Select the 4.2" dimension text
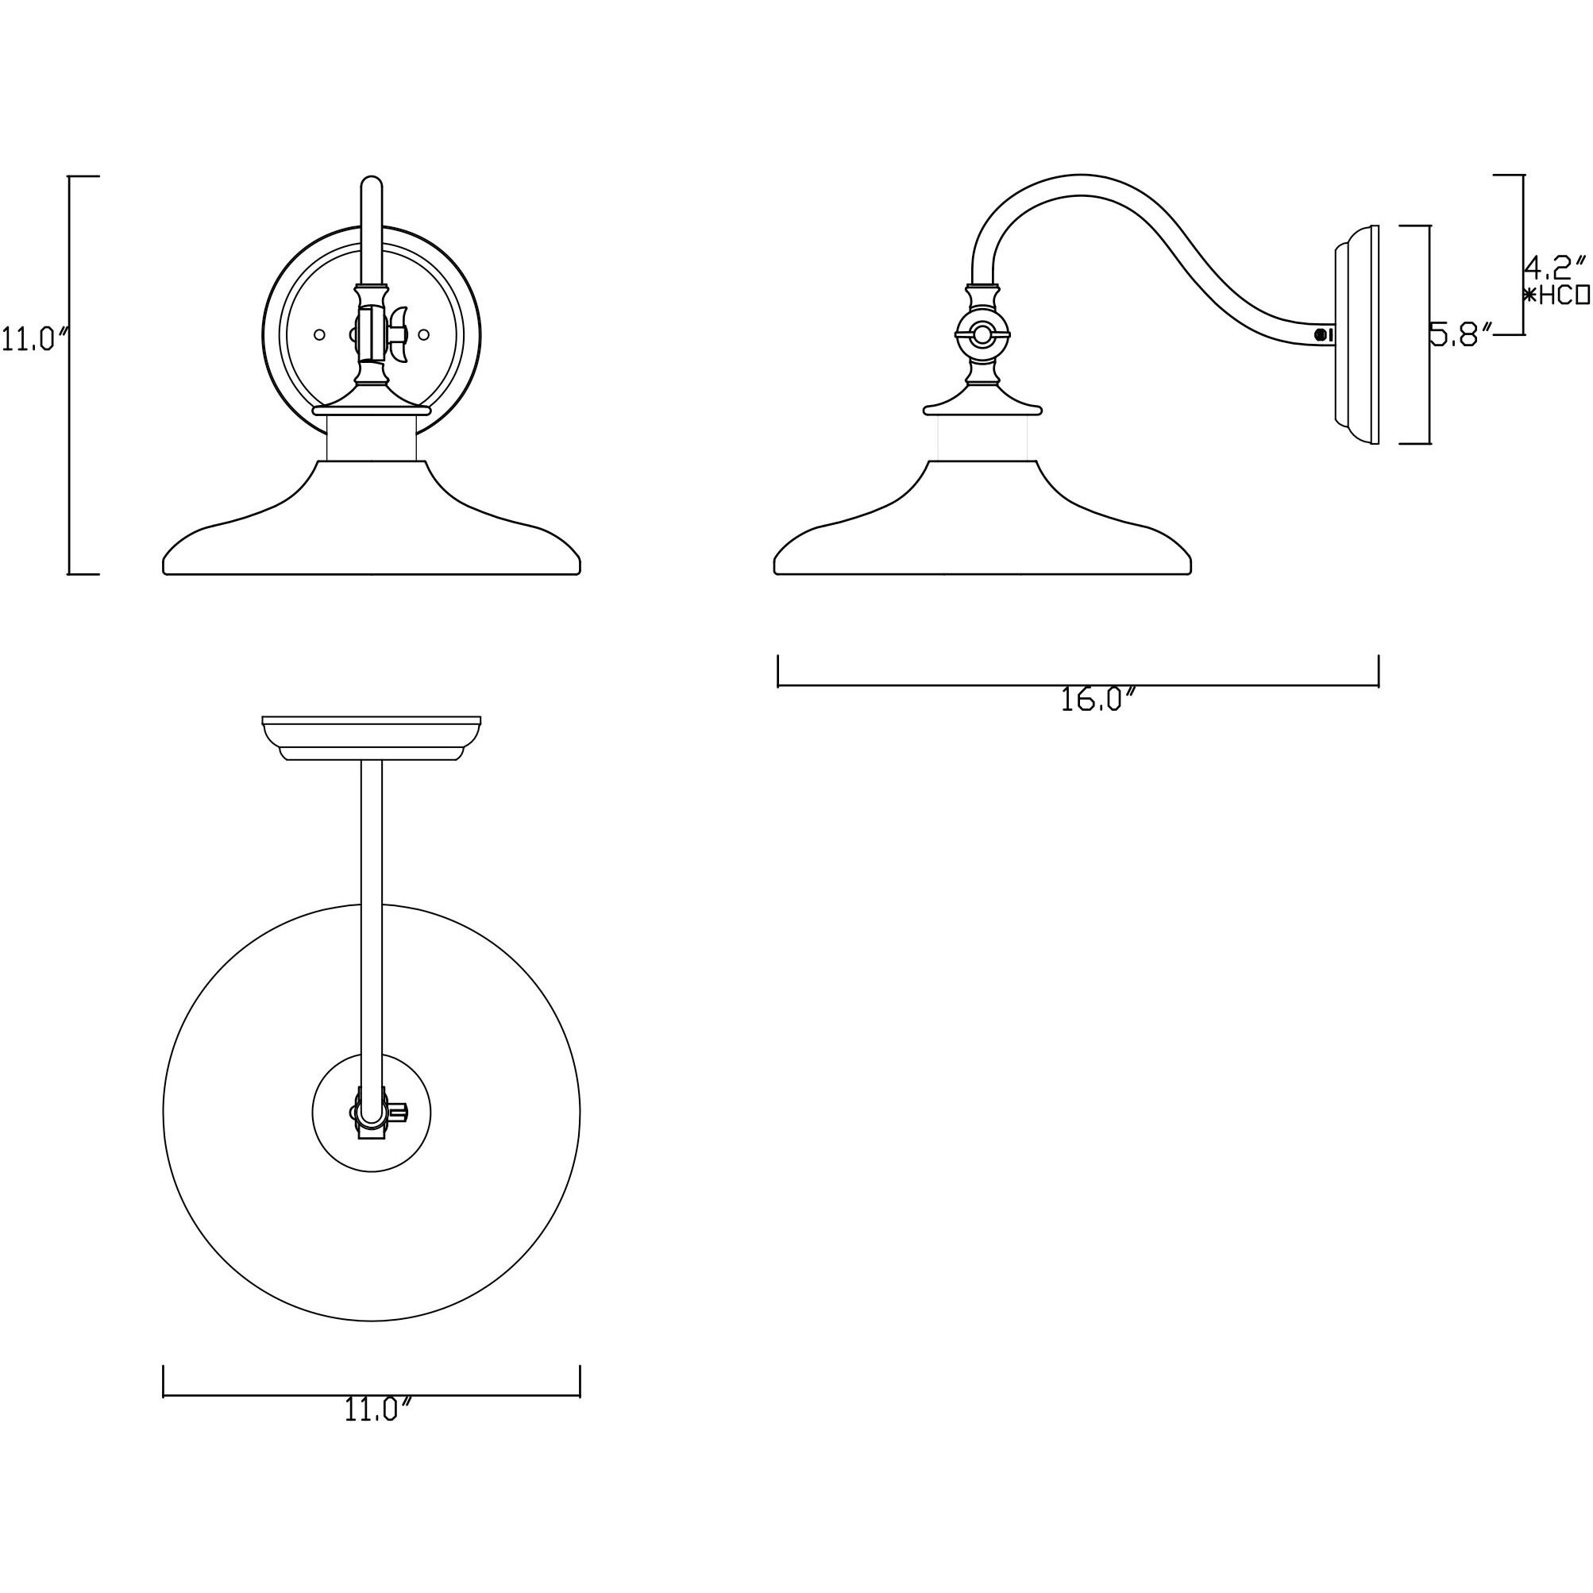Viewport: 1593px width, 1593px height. click(1553, 266)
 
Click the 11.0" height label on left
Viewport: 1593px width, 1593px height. click(33, 339)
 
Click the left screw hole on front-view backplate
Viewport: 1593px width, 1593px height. click(320, 335)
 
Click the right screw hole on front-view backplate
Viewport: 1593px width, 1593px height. click(424, 335)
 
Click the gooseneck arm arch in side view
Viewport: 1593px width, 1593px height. click(1080, 185)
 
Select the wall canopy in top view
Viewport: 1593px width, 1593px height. click(371, 736)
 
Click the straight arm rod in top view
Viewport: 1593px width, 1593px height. click(372, 907)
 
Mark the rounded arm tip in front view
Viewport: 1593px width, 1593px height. click(372, 185)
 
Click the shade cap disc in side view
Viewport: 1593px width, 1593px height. click(982, 407)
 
